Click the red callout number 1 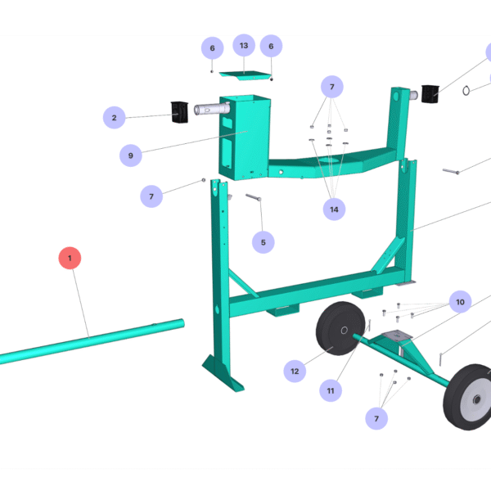pyautogui.click(x=70, y=259)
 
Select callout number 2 pyautogui.click(x=114, y=118)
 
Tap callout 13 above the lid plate pyautogui.click(x=243, y=45)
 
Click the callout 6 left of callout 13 pyautogui.click(x=212, y=47)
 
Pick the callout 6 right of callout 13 pyautogui.click(x=271, y=46)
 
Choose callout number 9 pyautogui.click(x=130, y=155)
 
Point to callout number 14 pyautogui.click(x=333, y=209)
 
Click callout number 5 pyautogui.click(x=263, y=242)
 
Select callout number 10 pyautogui.click(x=460, y=302)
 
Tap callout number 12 pyautogui.click(x=295, y=371)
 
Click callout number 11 pyautogui.click(x=331, y=391)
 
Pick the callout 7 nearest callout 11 pyautogui.click(x=377, y=418)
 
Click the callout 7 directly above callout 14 pyautogui.click(x=332, y=86)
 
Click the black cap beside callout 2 pyautogui.click(x=179, y=112)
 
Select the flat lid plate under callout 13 pyautogui.click(x=246, y=74)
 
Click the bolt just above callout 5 pyautogui.click(x=252, y=198)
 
